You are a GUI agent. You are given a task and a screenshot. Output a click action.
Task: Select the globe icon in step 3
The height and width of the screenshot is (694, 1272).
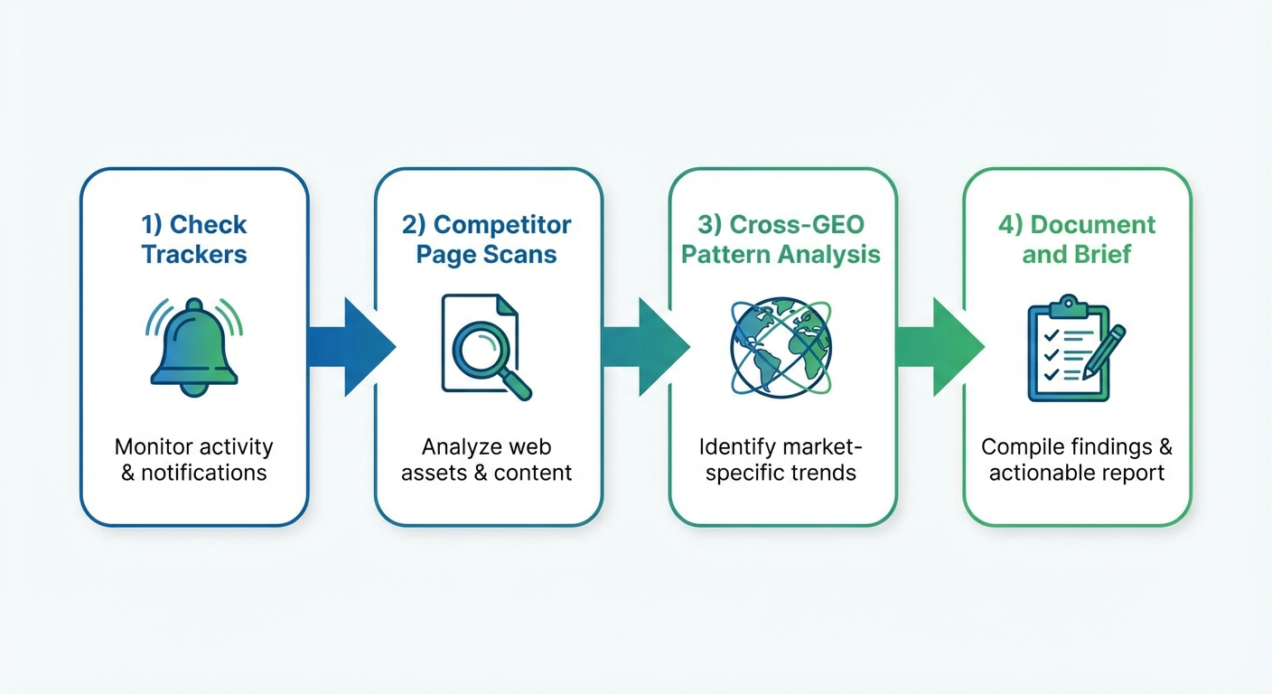click(x=781, y=348)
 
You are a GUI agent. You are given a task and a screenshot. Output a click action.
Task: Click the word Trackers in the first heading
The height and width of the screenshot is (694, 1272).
click(x=194, y=254)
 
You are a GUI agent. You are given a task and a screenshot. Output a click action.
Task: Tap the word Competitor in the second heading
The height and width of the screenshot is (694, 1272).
click(x=502, y=224)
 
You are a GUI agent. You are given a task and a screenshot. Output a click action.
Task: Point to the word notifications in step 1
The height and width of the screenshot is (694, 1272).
click(x=204, y=473)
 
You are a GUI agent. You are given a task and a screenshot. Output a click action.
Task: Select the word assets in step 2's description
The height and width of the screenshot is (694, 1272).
click(x=433, y=473)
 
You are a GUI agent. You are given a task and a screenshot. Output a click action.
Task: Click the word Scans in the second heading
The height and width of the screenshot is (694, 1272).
click(x=523, y=254)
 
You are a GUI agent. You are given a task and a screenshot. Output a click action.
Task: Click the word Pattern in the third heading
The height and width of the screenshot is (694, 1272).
click(x=724, y=254)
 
